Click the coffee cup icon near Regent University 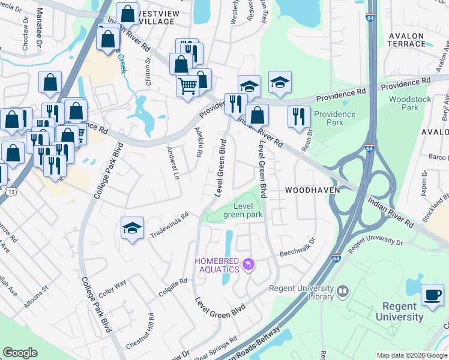click(432, 294)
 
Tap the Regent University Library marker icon click(343, 292)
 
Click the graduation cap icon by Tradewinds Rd click(132, 228)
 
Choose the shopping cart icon click(187, 86)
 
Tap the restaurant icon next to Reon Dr click(298, 116)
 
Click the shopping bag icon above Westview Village click(127, 13)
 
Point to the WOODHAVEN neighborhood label click(312, 190)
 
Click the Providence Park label click(335, 118)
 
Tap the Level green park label click(243, 210)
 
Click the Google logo click(20, 353)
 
